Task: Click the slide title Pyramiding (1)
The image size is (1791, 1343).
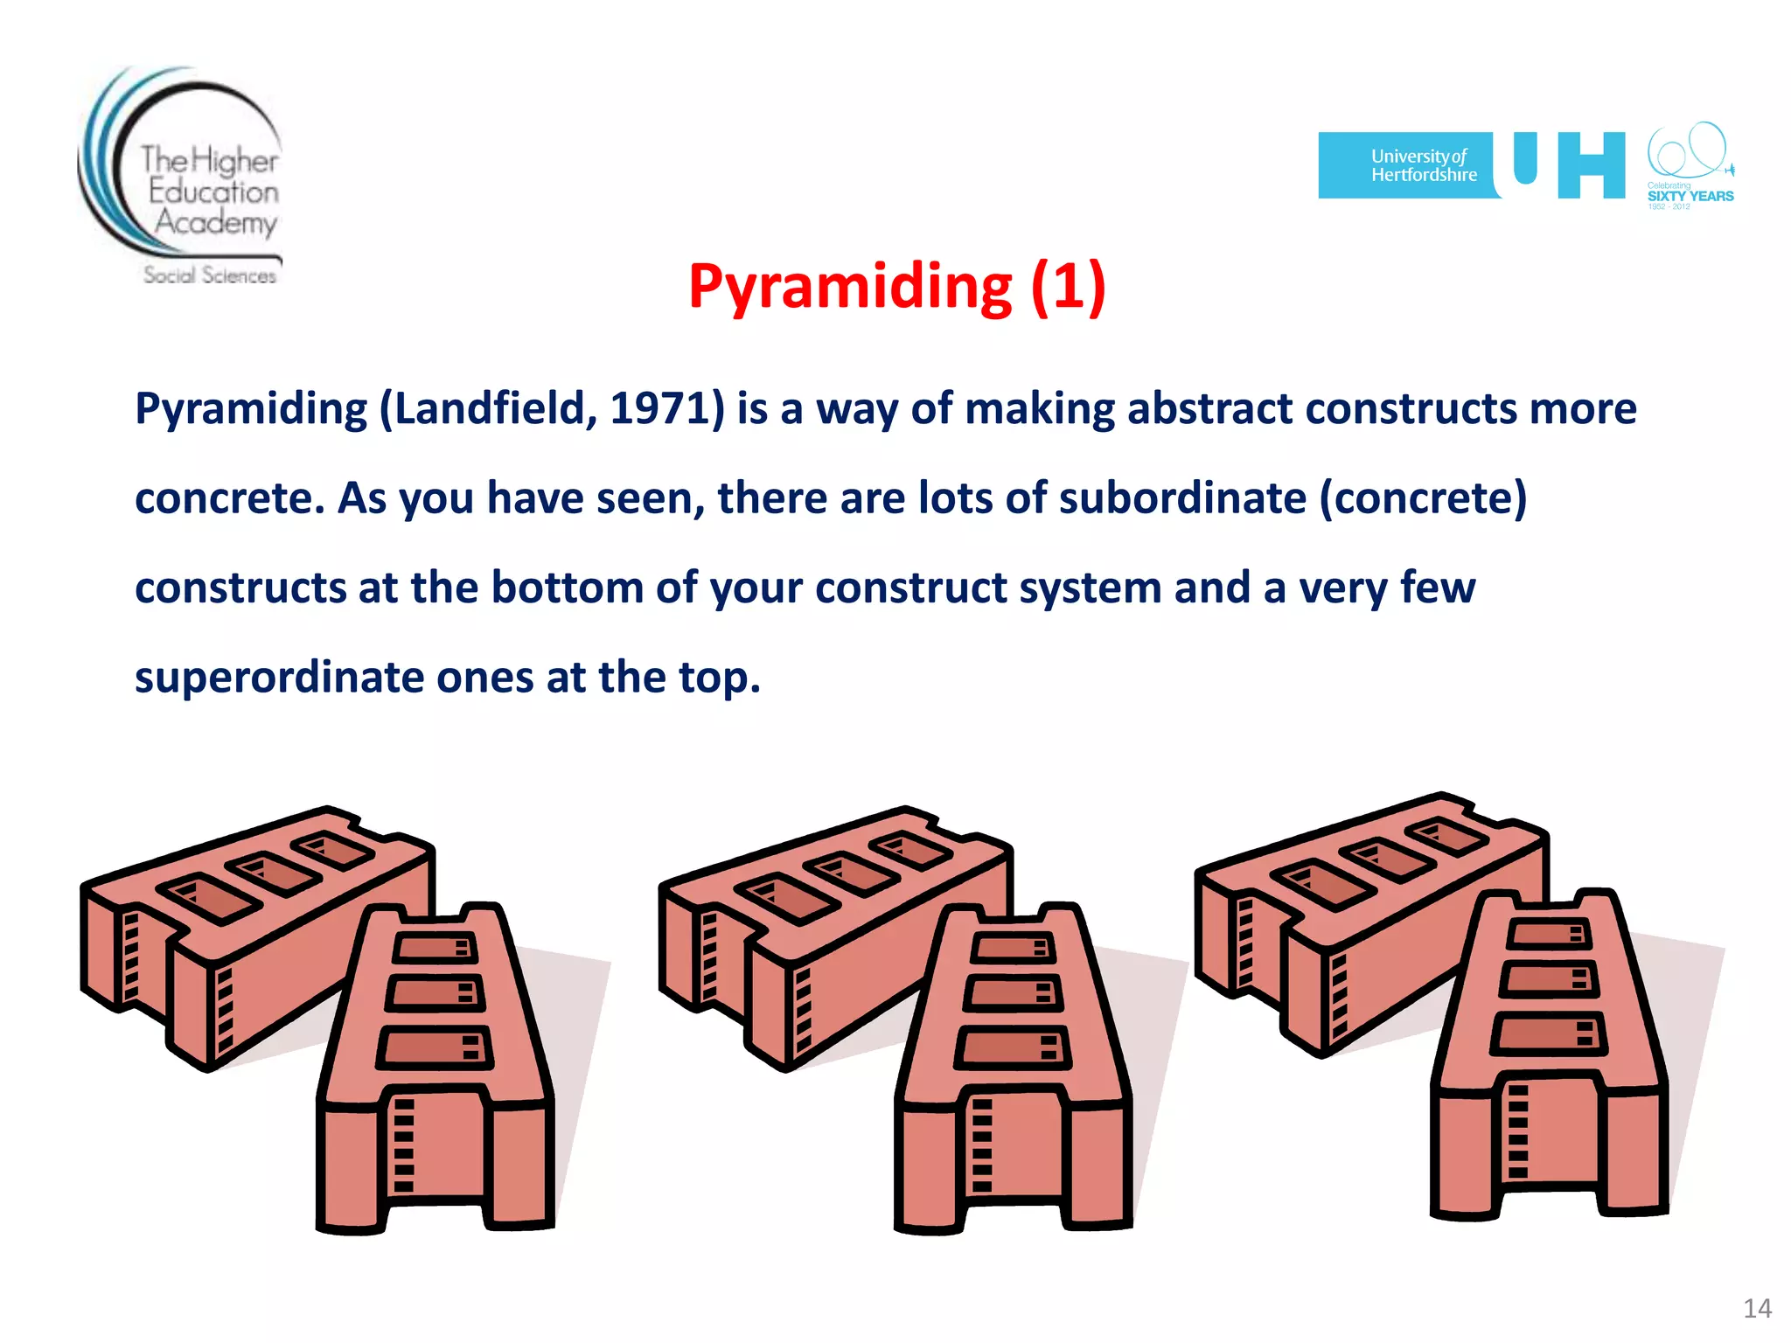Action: click(x=896, y=287)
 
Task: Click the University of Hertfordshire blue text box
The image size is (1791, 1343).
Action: click(x=1408, y=165)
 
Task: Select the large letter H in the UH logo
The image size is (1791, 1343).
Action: click(x=1591, y=165)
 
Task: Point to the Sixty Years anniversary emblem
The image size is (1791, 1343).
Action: click(x=1690, y=166)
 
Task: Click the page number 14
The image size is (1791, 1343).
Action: click(x=1757, y=1308)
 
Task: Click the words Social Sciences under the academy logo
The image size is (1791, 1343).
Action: click(x=210, y=275)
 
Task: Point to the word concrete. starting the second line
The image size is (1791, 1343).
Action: click(x=229, y=498)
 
